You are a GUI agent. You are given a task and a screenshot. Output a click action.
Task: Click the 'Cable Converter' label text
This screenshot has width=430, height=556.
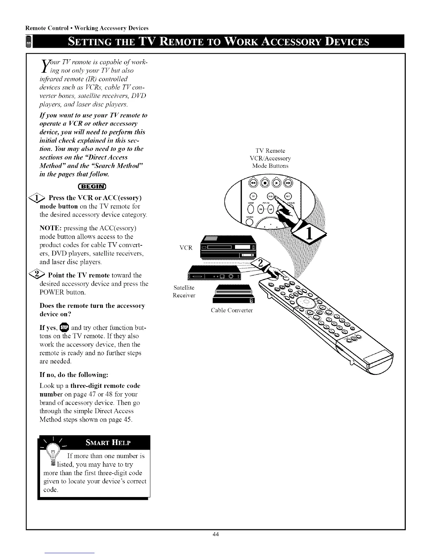click(232, 310)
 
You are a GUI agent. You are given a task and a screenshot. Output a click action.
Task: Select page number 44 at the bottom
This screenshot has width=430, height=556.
click(216, 534)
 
